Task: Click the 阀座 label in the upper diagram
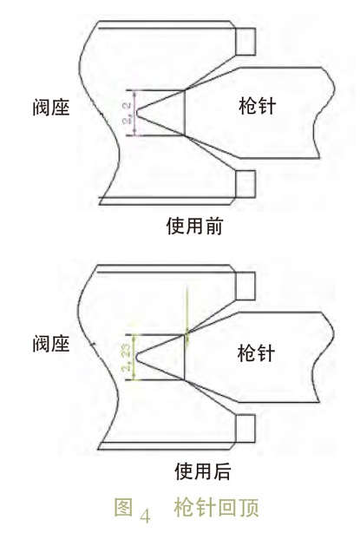(x=51, y=107)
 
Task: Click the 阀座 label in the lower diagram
(x=51, y=343)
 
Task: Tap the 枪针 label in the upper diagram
(x=257, y=106)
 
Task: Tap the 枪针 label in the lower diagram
(x=256, y=352)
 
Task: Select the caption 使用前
(x=194, y=226)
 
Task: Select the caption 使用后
(x=203, y=471)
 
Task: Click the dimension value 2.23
(x=128, y=358)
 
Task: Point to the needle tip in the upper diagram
(x=136, y=113)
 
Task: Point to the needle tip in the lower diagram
(x=136, y=357)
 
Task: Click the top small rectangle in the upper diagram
(x=245, y=42)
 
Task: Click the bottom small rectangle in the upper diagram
(x=245, y=184)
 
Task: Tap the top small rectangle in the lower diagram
(x=245, y=286)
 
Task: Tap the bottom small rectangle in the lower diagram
(x=245, y=429)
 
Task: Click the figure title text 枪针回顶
(x=216, y=508)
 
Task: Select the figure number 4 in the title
(x=145, y=516)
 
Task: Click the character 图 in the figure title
(x=123, y=508)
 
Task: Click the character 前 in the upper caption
(x=213, y=226)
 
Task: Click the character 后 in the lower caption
(x=222, y=471)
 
